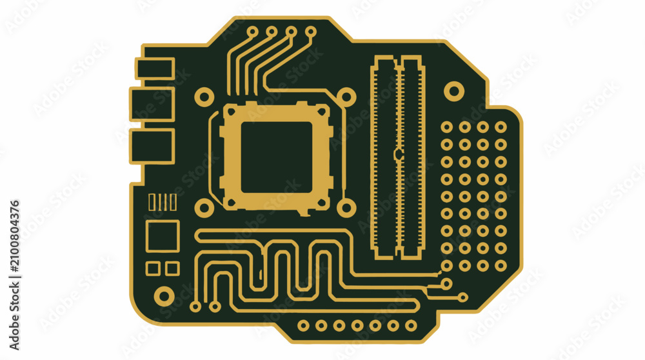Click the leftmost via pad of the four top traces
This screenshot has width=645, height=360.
[x=252, y=32]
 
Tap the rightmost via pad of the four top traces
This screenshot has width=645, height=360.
[x=311, y=31]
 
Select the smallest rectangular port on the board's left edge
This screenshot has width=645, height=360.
[x=155, y=68]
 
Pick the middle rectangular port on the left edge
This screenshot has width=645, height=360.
[x=152, y=105]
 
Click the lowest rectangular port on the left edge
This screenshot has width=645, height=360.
[x=152, y=146]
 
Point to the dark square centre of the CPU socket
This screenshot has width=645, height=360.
[x=277, y=157]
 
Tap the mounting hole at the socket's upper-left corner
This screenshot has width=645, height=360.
[x=204, y=97]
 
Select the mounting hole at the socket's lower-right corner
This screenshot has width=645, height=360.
[x=346, y=208]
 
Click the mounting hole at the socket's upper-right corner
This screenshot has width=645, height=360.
[x=346, y=97]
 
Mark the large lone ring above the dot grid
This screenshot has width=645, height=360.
[x=454, y=91]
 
